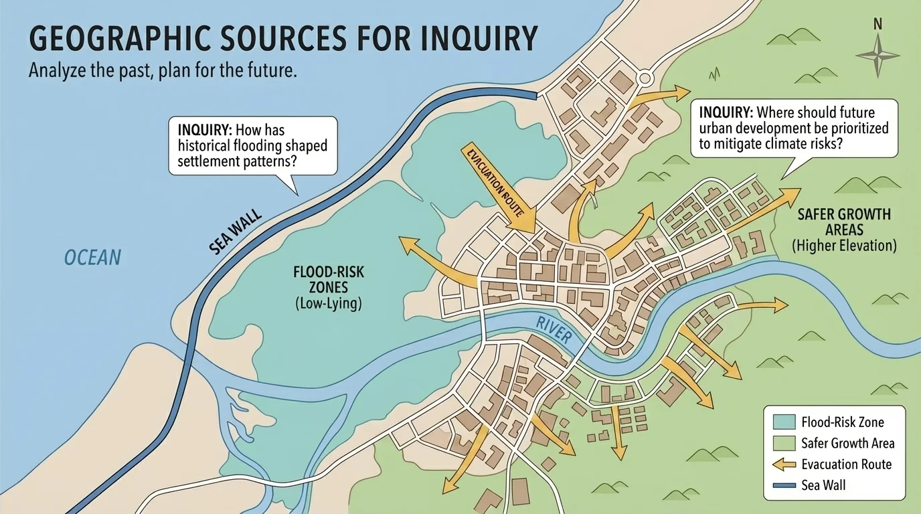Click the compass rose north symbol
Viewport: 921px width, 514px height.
tap(877, 54)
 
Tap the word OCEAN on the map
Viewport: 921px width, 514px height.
tap(92, 257)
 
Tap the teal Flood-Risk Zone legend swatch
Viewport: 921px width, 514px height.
tap(782, 422)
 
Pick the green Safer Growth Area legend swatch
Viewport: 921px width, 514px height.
tap(782, 443)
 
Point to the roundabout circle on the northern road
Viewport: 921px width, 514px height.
tap(644, 78)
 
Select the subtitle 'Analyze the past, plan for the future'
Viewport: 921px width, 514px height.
tap(163, 72)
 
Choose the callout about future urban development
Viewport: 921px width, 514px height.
tap(793, 128)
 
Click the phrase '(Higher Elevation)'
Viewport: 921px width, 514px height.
tap(844, 246)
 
